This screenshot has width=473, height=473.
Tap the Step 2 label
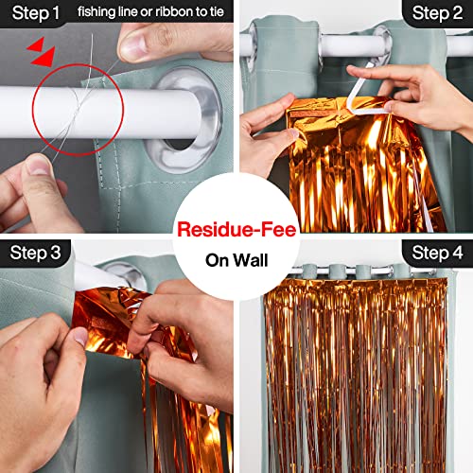pos(436,14)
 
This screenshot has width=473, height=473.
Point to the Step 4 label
pos(436,252)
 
